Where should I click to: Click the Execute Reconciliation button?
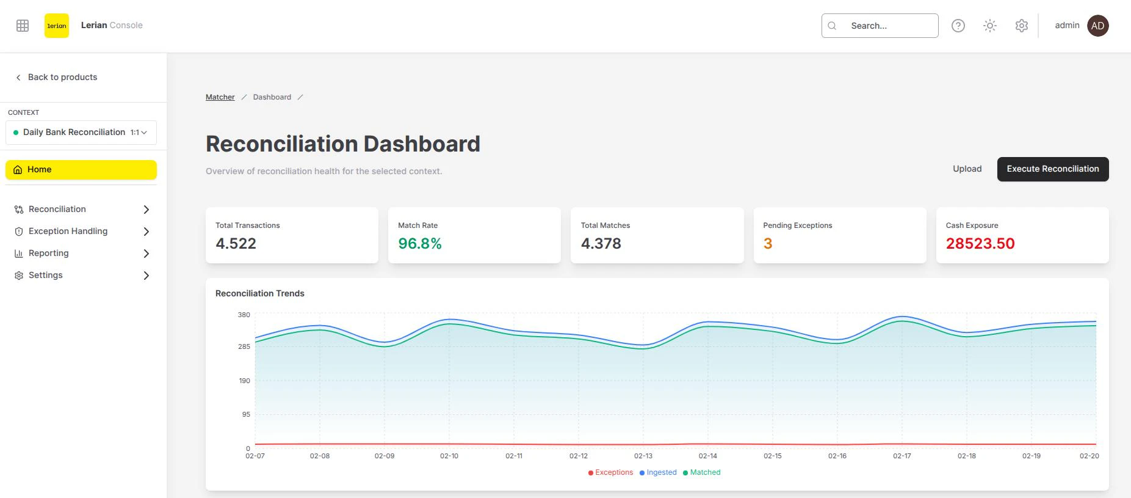point(1052,169)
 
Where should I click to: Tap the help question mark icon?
point(958,26)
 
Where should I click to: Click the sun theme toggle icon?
point(989,26)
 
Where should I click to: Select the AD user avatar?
point(1097,26)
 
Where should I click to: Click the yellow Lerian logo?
point(57,26)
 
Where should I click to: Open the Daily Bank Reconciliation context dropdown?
point(81,133)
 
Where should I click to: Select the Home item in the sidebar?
point(81,170)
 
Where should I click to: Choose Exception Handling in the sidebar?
point(68,231)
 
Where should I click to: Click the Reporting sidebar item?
point(48,253)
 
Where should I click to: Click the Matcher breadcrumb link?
point(220,97)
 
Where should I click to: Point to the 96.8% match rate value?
point(419,244)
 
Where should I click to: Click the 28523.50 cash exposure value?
point(980,244)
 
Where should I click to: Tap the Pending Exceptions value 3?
point(768,244)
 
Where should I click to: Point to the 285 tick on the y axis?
point(244,346)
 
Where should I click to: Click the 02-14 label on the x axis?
point(708,456)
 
